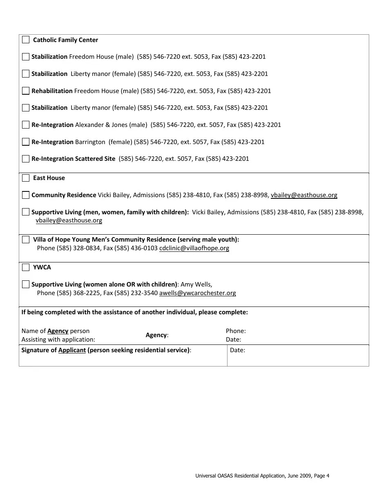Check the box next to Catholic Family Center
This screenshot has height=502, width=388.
(x=26, y=40)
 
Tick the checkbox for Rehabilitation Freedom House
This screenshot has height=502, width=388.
(x=26, y=91)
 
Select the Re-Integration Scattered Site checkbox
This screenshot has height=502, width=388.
(x=26, y=159)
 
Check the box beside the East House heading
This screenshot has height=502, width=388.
(x=26, y=178)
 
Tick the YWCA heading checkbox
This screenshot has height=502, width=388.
(x=26, y=267)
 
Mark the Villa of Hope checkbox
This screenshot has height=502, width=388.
(x=26, y=240)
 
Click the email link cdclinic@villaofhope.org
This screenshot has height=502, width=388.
(x=194, y=248)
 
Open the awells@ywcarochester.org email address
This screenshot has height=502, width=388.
(x=197, y=293)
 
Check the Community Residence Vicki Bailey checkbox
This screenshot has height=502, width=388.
(x=26, y=195)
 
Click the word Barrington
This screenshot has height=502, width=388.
(x=90, y=142)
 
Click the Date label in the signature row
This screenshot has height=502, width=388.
(x=237, y=350)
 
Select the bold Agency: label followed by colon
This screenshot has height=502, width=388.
(x=157, y=335)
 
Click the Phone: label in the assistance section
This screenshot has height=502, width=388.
(x=236, y=331)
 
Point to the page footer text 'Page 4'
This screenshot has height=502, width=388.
(x=321, y=475)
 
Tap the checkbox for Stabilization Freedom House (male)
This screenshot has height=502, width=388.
(x=26, y=57)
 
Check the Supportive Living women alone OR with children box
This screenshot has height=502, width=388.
(x=26, y=284)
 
